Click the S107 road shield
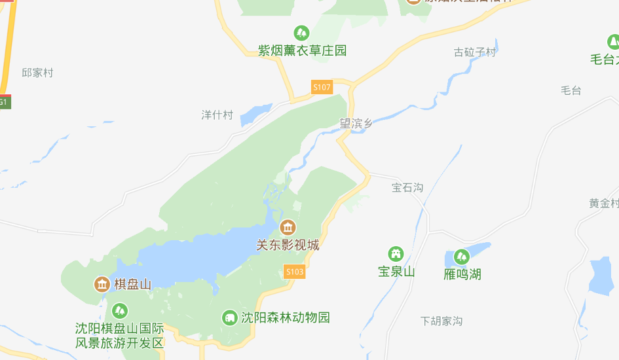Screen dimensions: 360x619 tap(322, 87)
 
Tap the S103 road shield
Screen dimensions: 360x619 tap(295, 272)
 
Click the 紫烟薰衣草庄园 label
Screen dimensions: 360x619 tap(302, 50)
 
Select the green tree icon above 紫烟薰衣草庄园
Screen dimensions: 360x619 tap(301, 32)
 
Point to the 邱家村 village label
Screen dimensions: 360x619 tap(37, 73)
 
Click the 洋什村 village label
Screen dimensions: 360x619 tap(217, 115)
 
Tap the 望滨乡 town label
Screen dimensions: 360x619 tap(356, 123)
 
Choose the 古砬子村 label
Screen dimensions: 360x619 tap(475, 52)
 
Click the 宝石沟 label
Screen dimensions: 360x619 tap(407, 188)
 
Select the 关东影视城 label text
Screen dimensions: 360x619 tap(288, 245)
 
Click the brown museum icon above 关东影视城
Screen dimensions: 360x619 tap(288, 228)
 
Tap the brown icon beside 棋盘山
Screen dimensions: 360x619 tap(102, 284)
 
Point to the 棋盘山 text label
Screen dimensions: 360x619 tap(133, 284)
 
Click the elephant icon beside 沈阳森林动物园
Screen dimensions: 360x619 tap(229, 317)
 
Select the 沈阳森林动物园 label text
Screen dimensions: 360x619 tap(286, 317)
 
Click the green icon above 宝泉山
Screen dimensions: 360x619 tap(396, 254)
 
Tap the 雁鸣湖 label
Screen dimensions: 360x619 tap(462, 274)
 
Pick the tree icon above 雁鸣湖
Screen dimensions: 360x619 tap(462, 257)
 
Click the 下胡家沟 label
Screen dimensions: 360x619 tap(441, 321)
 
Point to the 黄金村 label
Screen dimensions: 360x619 tap(603, 204)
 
